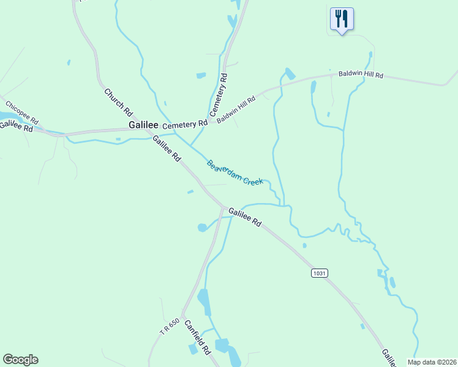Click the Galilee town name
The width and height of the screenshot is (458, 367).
point(143,124)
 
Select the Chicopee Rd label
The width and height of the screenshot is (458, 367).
point(22,111)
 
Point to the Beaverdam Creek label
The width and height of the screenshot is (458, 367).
point(235,173)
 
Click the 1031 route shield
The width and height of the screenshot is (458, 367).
point(318,272)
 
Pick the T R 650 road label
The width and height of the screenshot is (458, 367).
point(170,327)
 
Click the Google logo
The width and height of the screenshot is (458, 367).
point(20,360)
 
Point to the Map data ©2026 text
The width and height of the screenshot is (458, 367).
point(432,361)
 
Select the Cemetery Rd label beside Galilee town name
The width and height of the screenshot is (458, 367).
point(184,124)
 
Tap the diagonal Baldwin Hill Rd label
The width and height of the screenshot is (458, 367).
point(236,109)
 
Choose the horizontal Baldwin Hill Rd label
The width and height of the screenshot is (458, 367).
point(361,75)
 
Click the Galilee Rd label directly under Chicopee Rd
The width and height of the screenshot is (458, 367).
point(16,125)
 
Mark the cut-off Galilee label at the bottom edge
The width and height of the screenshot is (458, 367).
point(388,358)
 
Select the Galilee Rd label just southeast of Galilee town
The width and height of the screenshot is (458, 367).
point(167,148)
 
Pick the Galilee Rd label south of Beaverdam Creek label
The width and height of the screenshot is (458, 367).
point(245,217)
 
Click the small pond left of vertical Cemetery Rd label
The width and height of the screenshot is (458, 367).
point(201,75)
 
